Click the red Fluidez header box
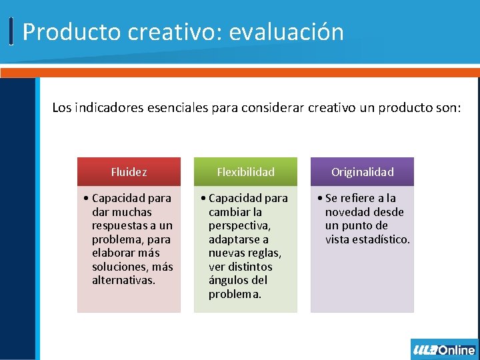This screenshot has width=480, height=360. pyautogui.click(x=129, y=172)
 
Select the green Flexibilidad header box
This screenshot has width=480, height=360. pyautogui.click(x=245, y=172)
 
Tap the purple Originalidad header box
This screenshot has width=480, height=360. pyautogui.click(x=362, y=172)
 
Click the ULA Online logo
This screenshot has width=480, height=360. pyautogui.click(x=444, y=349)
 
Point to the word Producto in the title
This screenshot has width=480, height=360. pyautogui.click(x=65, y=32)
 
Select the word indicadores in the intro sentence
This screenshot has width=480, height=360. pyautogui.click(x=108, y=107)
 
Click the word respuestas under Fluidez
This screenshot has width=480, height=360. pyautogui.click(x=123, y=225)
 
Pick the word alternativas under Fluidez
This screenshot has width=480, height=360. pyautogui.click(x=123, y=280)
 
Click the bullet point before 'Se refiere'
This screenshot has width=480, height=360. pyautogui.click(x=321, y=198)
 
